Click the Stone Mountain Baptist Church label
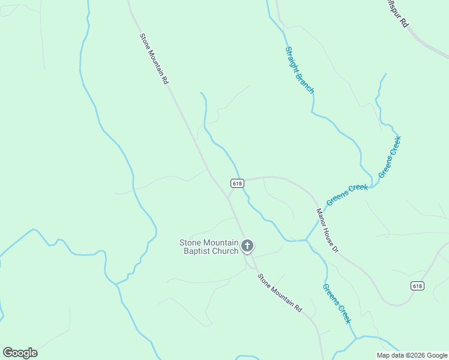coord(209,247)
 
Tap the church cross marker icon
coord(247,245)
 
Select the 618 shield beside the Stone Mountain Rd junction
coord(237,183)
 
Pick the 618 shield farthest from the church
coord(418,286)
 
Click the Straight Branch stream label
coord(299,70)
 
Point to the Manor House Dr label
coord(328,230)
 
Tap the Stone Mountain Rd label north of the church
coord(154,58)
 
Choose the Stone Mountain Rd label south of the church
coord(280,292)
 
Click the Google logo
coord(20,353)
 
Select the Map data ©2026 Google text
coord(412,355)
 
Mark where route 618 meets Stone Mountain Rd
coord(228,197)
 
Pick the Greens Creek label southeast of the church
coord(337,303)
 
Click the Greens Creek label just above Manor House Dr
coord(347,195)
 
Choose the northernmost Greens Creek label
coord(390,157)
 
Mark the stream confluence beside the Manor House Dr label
coord(306,240)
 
